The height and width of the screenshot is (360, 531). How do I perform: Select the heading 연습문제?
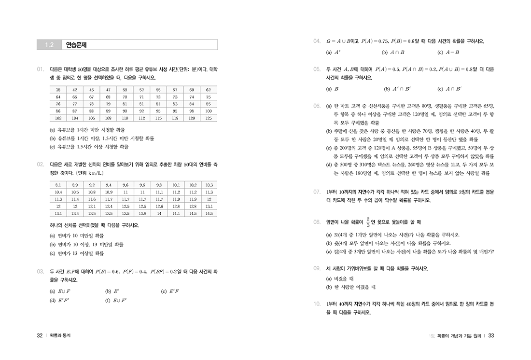(x=76, y=45)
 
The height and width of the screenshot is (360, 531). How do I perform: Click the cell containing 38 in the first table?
(x=58, y=90)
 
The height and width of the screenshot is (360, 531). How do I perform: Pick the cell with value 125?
(x=209, y=117)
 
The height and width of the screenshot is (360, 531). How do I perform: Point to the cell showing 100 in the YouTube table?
(x=209, y=111)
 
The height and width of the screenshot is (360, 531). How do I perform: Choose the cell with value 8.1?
(x=58, y=185)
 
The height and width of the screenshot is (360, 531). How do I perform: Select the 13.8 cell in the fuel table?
(x=142, y=213)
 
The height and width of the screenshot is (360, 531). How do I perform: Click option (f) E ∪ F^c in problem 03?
(x=116, y=300)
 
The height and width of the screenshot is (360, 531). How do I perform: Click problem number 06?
(x=317, y=105)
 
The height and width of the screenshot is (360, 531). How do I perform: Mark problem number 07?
(x=317, y=192)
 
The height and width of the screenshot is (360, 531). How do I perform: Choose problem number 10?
(x=317, y=304)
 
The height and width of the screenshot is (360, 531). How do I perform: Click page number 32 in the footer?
(x=40, y=336)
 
